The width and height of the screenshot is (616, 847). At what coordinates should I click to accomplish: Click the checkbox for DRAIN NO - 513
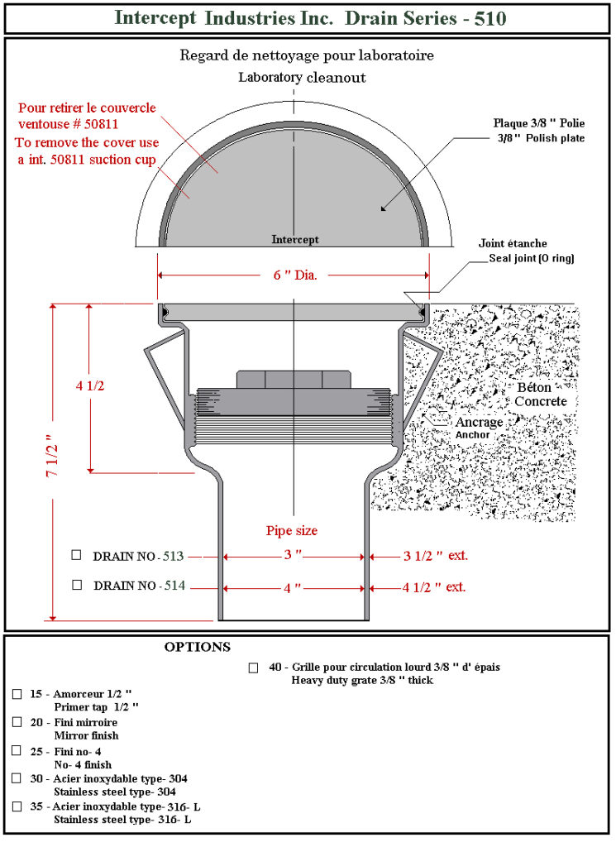click(x=77, y=554)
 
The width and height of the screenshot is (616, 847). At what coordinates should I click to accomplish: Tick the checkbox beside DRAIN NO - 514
click(x=77, y=585)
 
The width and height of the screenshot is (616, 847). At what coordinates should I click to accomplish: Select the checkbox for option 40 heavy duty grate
click(x=254, y=668)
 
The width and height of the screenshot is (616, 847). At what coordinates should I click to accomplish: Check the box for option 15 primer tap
click(x=17, y=694)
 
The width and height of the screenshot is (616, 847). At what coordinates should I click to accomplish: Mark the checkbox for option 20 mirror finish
click(x=17, y=722)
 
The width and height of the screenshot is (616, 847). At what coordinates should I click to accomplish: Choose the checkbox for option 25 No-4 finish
click(x=17, y=750)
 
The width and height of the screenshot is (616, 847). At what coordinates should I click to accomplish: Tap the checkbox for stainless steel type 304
click(x=17, y=778)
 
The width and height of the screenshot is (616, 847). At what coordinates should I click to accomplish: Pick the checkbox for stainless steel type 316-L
click(x=17, y=806)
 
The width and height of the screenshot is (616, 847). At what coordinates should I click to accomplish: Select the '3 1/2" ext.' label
click(x=435, y=555)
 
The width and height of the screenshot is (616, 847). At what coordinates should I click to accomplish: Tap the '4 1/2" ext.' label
click(x=433, y=587)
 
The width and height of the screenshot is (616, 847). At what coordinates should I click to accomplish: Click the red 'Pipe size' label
click(x=291, y=530)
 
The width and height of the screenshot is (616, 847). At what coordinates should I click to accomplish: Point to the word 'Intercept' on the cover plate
click(x=295, y=240)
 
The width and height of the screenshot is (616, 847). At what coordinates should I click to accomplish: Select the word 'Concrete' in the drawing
click(x=541, y=401)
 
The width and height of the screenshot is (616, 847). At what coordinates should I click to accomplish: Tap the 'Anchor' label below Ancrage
click(x=472, y=434)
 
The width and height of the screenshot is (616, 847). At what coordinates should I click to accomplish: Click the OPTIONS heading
click(x=197, y=647)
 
